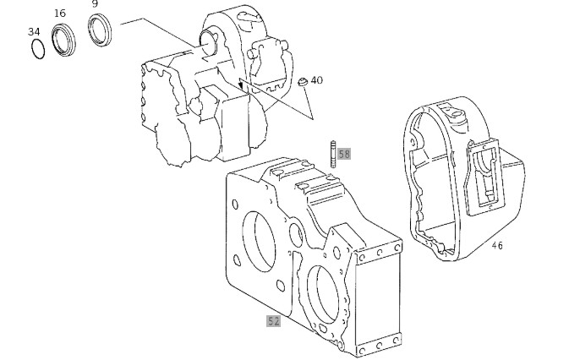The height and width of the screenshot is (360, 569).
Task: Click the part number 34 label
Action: pyautogui.click(x=34, y=32)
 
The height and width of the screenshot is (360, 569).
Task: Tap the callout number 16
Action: pyautogui.click(x=60, y=14)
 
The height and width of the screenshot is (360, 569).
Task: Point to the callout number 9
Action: pyautogui.click(x=95, y=4)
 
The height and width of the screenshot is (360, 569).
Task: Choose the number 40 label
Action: pyautogui.click(x=317, y=80)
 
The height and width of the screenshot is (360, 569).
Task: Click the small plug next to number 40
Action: pyautogui.click(x=303, y=82)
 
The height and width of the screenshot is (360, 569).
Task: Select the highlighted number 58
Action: pyautogui.click(x=344, y=154)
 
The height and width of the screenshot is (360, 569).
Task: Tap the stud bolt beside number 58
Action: pyautogui.click(x=333, y=155)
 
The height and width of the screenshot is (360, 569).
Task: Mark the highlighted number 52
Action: pyautogui.click(x=273, y=321)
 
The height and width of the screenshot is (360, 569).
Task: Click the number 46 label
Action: pyautogui.click(x=497, y=246)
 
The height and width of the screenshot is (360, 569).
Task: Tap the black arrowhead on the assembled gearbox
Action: pyautogui.click(x=240, y=85)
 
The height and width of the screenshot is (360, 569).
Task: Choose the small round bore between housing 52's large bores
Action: pyautogui.click(x=296, y=235)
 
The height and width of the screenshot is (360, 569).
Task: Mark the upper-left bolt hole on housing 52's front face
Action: pyautogui.click(x=235, y=205)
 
